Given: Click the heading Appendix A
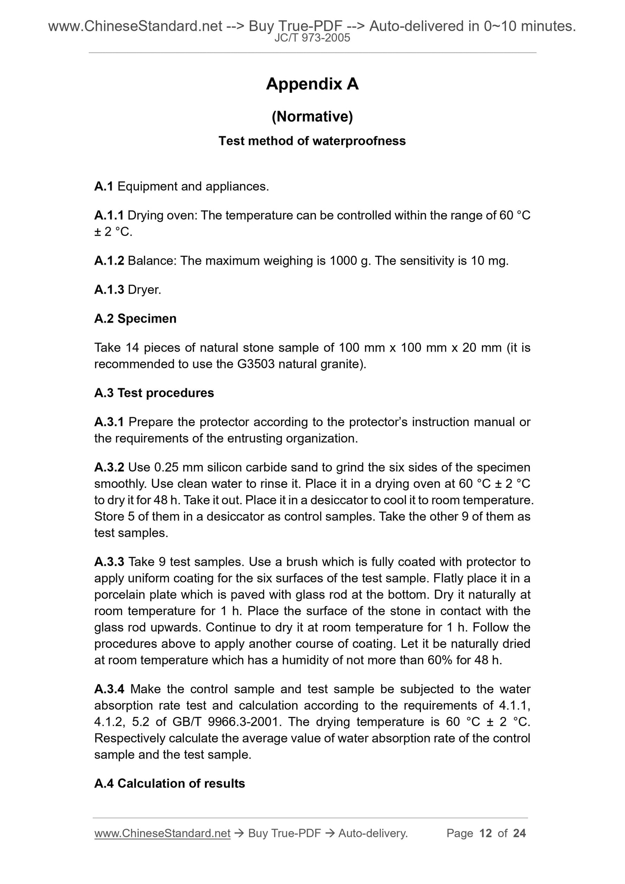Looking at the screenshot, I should click(x=312, y=84).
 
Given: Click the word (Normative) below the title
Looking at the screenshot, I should click(x=312, y=116).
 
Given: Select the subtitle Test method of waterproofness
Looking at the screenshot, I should click(x=312, y=141).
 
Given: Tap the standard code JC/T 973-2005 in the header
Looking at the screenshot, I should click(x=312, y=38).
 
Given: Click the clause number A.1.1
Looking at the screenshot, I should click(x=109, y=215).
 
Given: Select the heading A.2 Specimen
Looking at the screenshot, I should click(x=135, y=319).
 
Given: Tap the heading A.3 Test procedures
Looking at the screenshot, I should click(x=154, y=393).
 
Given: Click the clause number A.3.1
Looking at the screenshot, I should click(x=109, y=422).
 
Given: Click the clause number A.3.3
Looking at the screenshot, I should click(x=109, y=562).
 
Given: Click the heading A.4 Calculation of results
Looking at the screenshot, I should click(x=170, y=783).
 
